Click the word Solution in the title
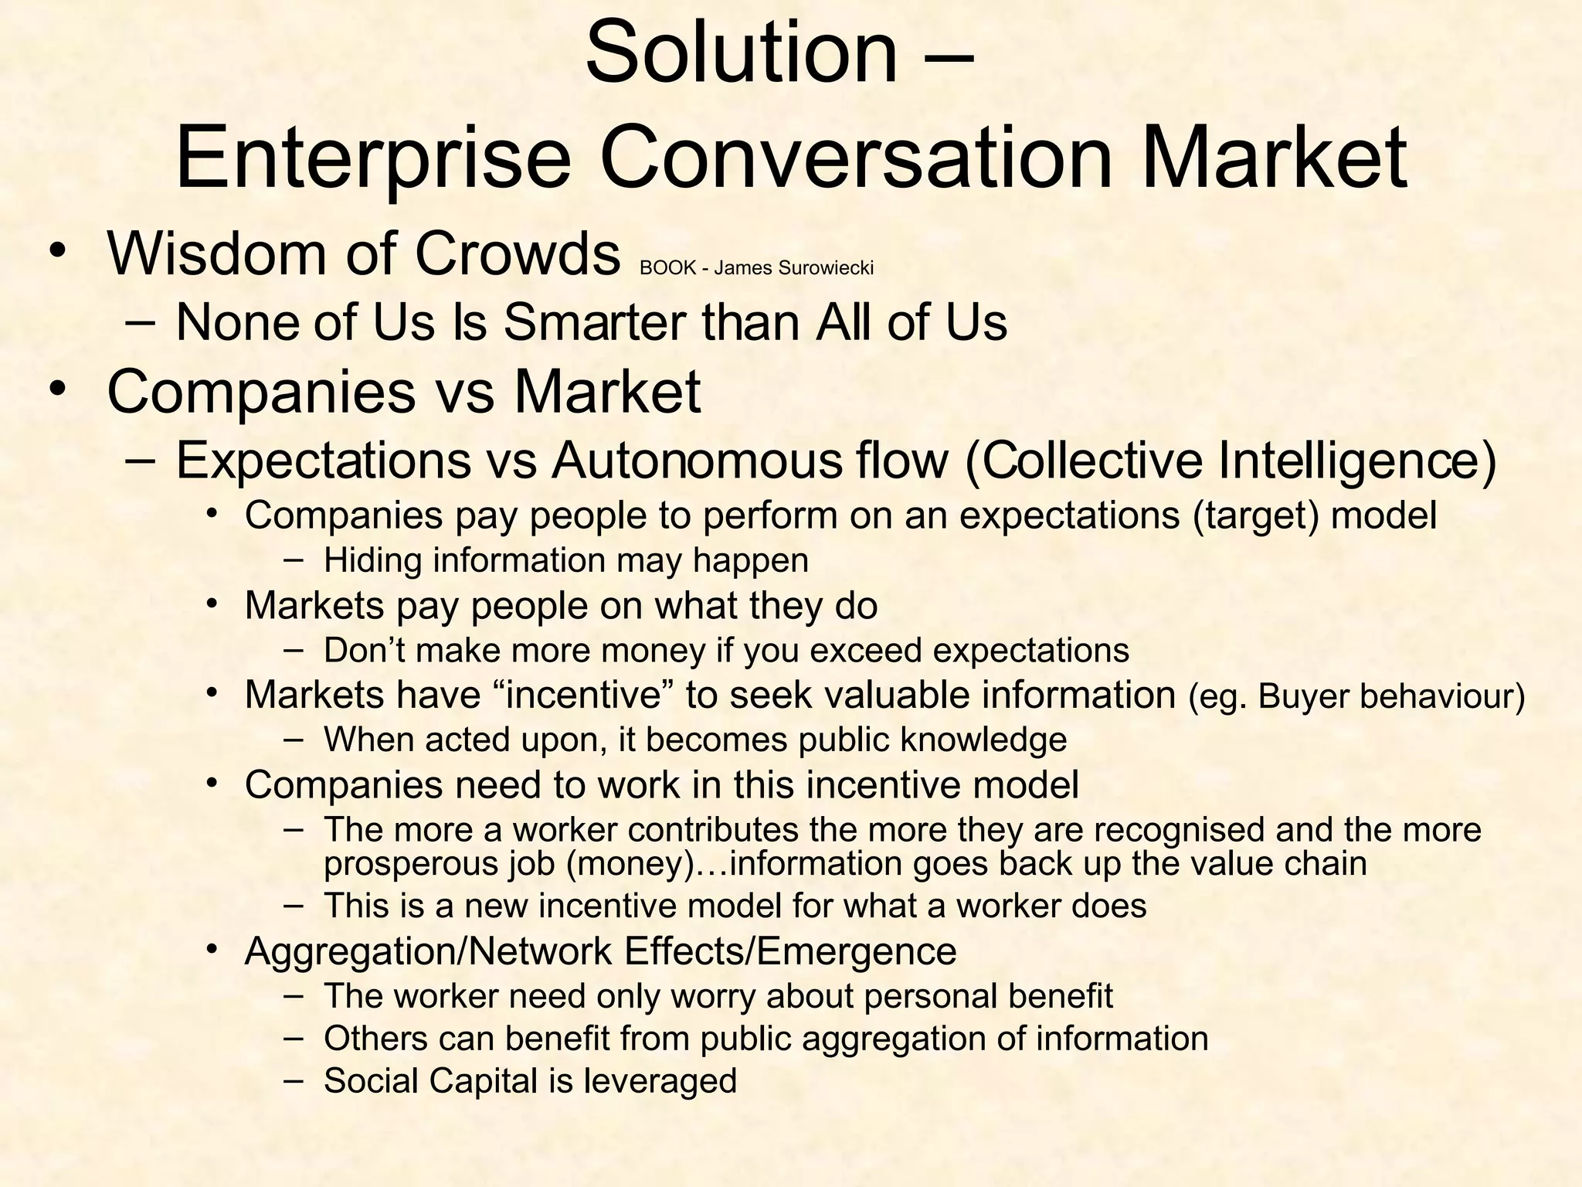742,53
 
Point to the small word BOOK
668,268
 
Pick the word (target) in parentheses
1256,515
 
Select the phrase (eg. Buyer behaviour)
1356,696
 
